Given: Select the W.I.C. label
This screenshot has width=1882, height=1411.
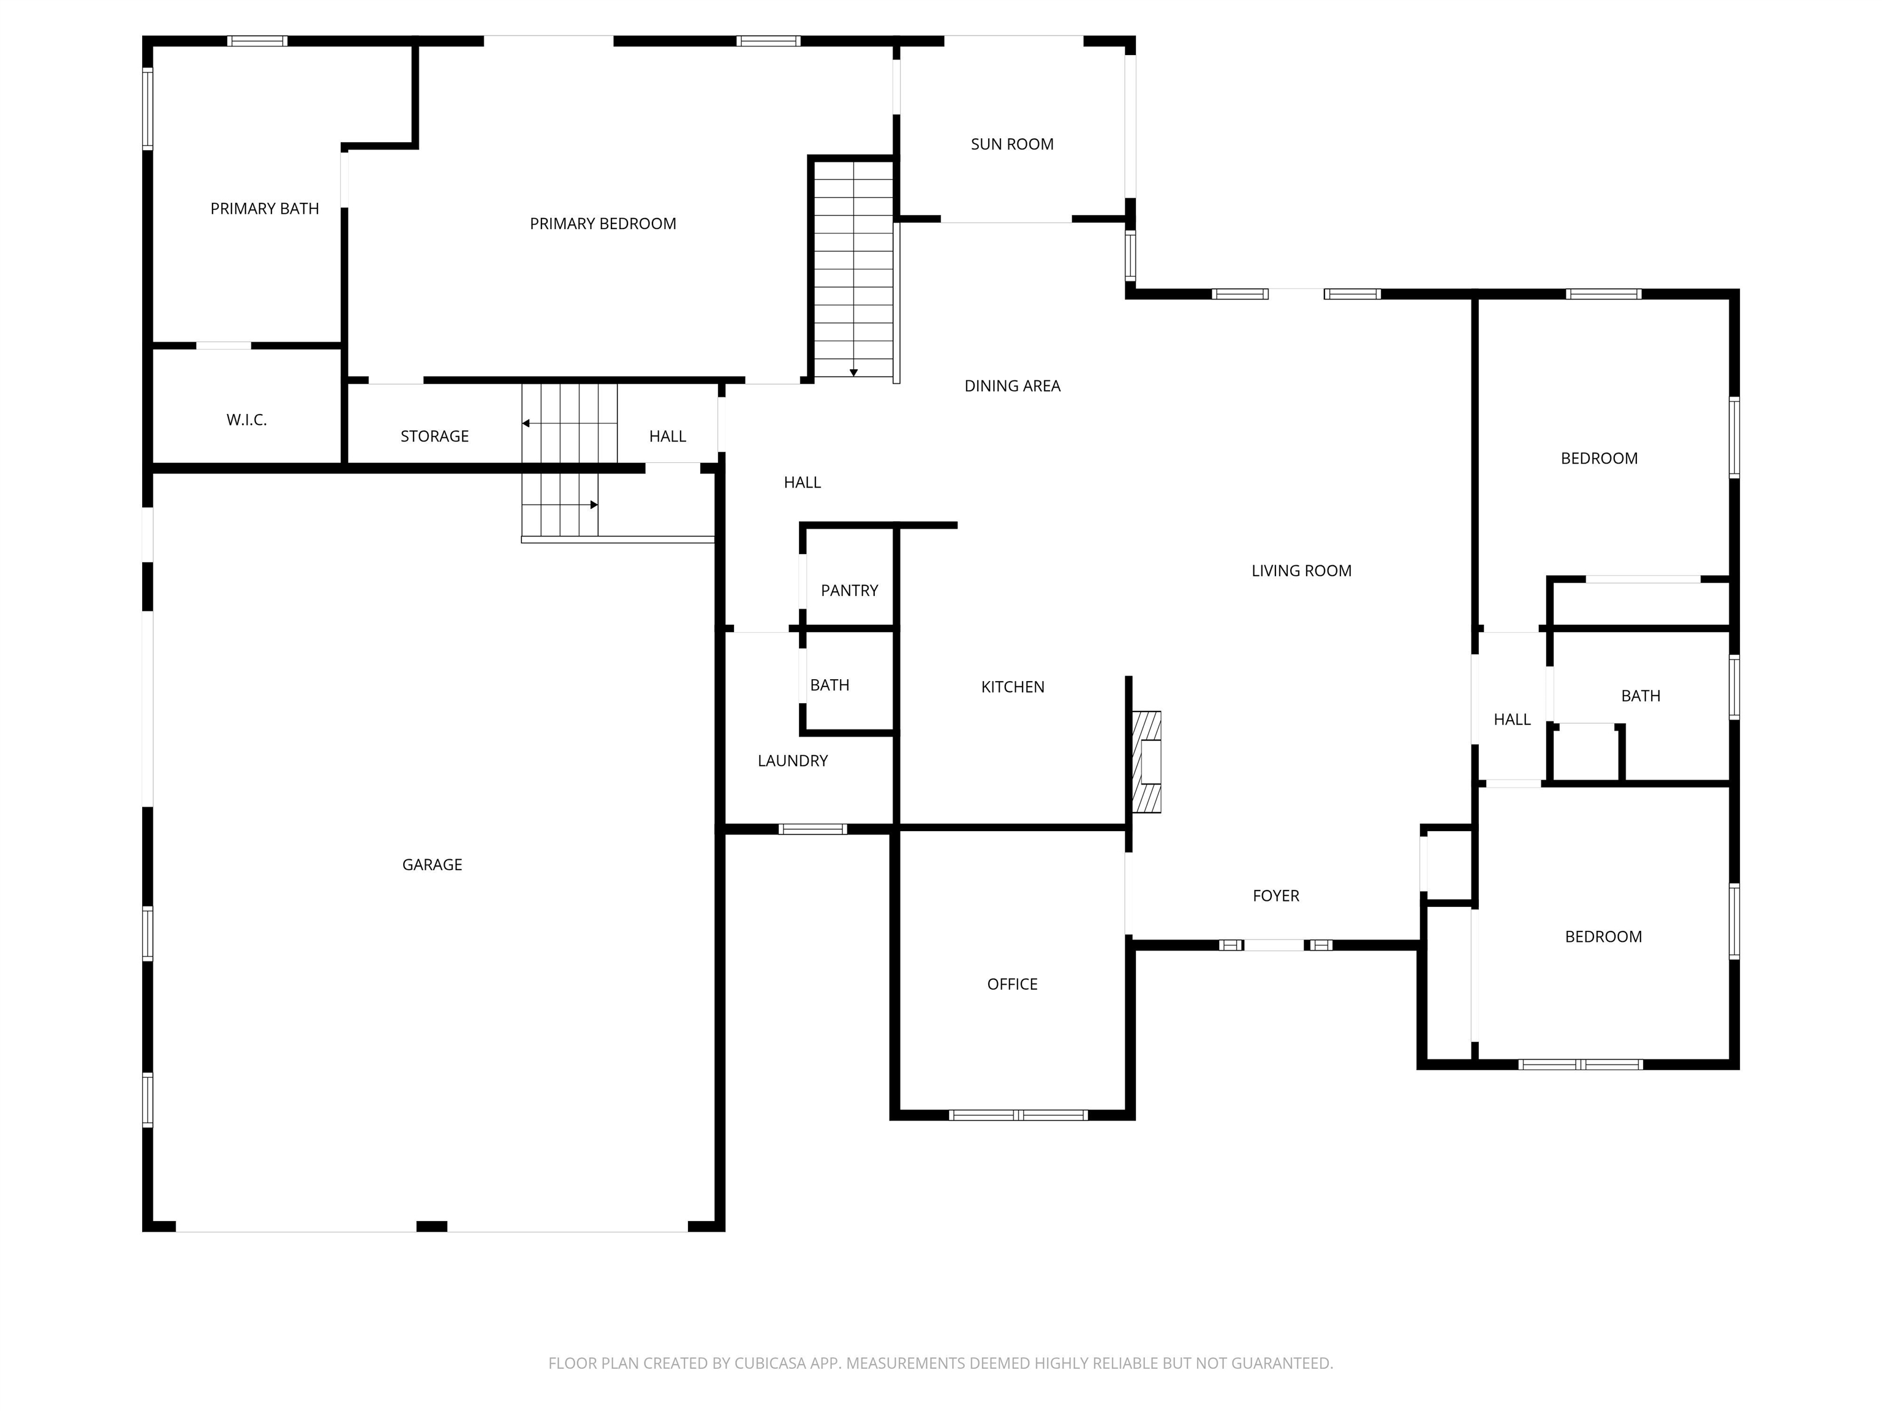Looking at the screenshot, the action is coord(247,420).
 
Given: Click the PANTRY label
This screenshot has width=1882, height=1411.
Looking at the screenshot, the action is coord(849,591).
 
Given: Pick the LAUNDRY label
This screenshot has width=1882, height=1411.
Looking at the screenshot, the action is coord(793,761).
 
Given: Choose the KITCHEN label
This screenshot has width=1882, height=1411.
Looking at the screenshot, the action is coord(1013,687).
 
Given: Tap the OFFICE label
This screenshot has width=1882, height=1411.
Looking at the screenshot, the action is coord(1013,985).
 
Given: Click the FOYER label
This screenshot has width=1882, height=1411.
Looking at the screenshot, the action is coord(1276,895).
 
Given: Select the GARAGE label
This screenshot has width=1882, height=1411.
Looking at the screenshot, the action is coord(433,865).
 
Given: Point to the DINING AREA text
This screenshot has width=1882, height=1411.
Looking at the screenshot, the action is coord(1013,386).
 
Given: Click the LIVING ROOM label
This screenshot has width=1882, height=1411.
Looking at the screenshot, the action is coord(1302,571).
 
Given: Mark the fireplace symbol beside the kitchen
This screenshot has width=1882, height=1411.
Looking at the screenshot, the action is coord(1147,762).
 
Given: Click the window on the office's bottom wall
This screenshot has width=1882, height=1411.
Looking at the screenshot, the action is coord(1018,1115).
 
